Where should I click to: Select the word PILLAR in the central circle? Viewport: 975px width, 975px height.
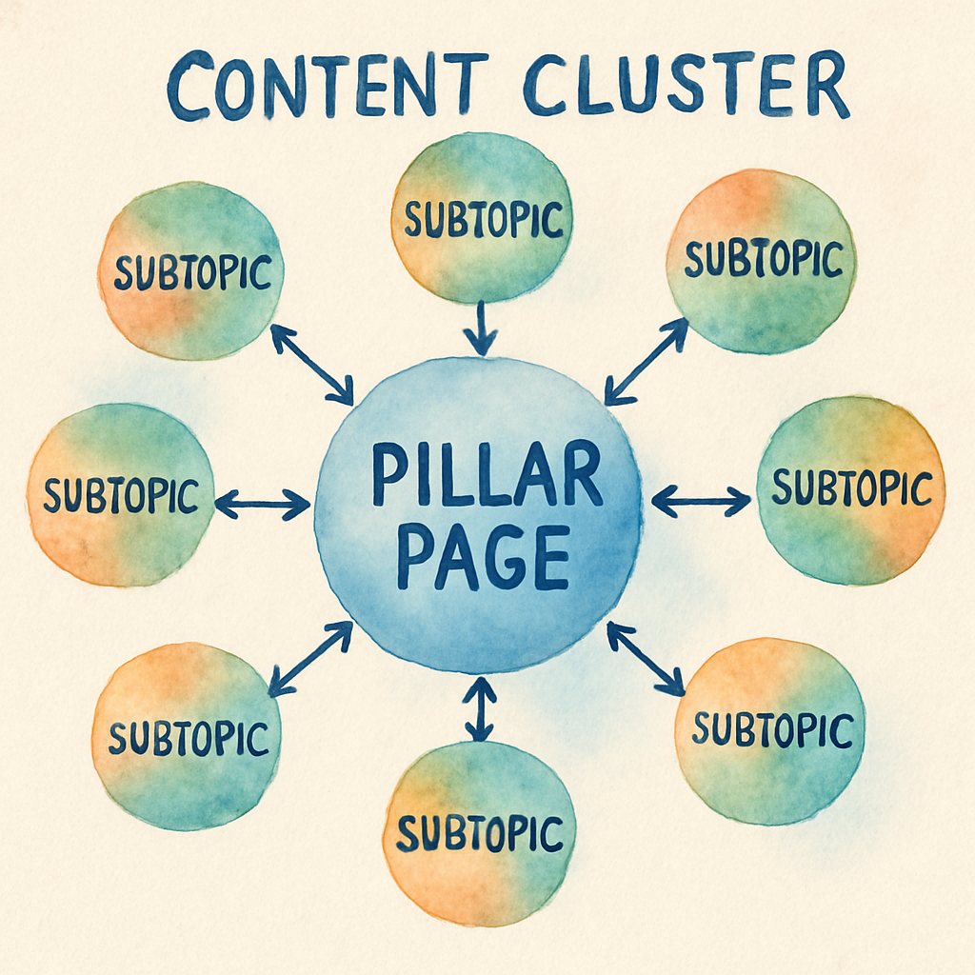tap(487, 473)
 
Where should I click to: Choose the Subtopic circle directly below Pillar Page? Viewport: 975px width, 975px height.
tap(479, 833)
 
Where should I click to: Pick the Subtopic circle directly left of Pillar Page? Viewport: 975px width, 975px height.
tap(120, 494)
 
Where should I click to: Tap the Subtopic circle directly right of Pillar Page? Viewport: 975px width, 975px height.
tap(851, 489)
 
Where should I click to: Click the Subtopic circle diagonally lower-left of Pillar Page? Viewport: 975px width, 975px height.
tap(187, 736)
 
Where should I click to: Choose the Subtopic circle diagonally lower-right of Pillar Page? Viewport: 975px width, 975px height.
tap(770, 730)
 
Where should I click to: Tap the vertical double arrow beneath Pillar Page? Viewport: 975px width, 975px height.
tap(480, 708)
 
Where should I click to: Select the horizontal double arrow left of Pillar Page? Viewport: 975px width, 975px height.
tap(263, 504)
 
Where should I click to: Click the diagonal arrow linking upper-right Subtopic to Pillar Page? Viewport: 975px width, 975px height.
tap(647, 361)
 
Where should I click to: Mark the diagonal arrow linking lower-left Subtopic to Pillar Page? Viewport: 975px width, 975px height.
tap(310, 658)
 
